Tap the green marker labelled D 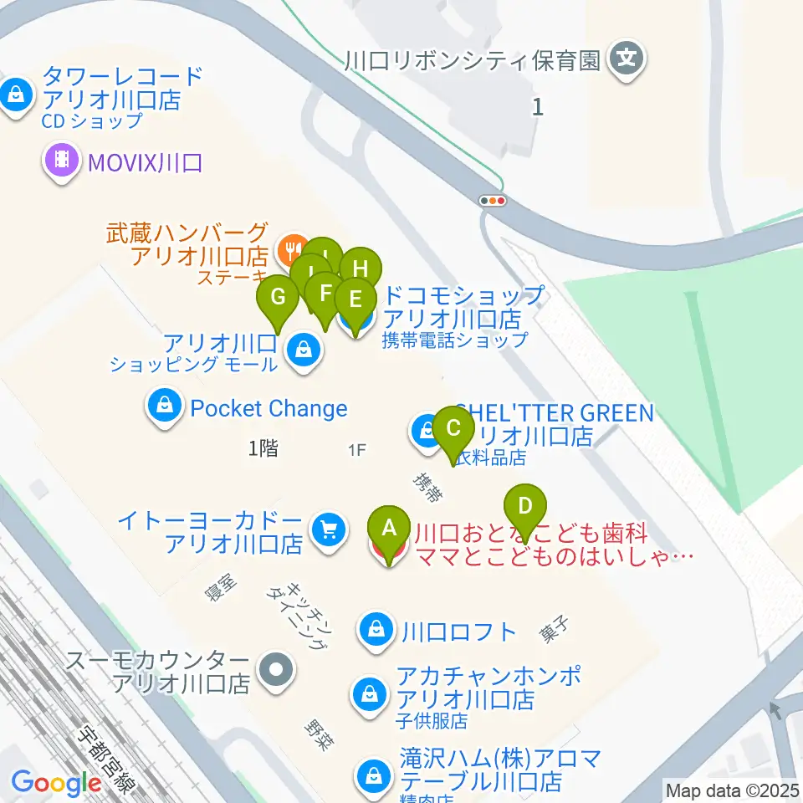[x=525, y=507]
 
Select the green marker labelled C [x=453, y=429]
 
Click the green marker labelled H [x=361, y=269]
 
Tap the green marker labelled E [x=355, y=299]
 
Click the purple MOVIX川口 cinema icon [x=63, y=159]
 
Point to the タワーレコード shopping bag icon [x=16, y=95]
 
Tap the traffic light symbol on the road [x=493, y=201]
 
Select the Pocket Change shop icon [x=166, y=407]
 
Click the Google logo [x=56, y=783]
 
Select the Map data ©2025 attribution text [x=732, y=790]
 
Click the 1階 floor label [x=263, y=448]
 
